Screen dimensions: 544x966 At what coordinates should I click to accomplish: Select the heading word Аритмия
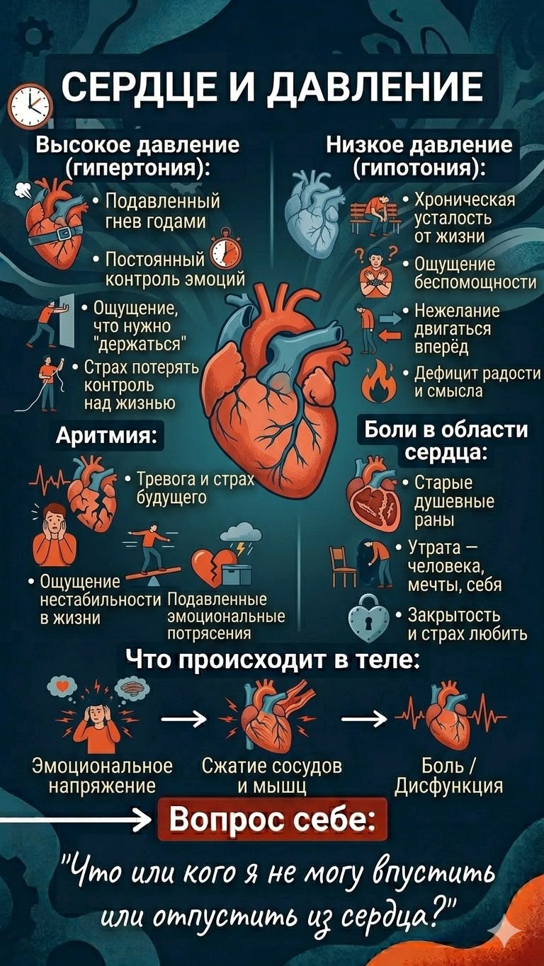[x=106, y=435]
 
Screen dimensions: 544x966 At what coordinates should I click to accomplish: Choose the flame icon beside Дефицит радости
[x=380, y=380]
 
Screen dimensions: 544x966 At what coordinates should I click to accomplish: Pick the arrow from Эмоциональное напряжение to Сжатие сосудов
[x=183, y=718]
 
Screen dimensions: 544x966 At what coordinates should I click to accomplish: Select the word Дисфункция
[x=449, y=786]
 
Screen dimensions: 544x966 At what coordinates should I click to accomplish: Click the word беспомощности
[x=475, y=282]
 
